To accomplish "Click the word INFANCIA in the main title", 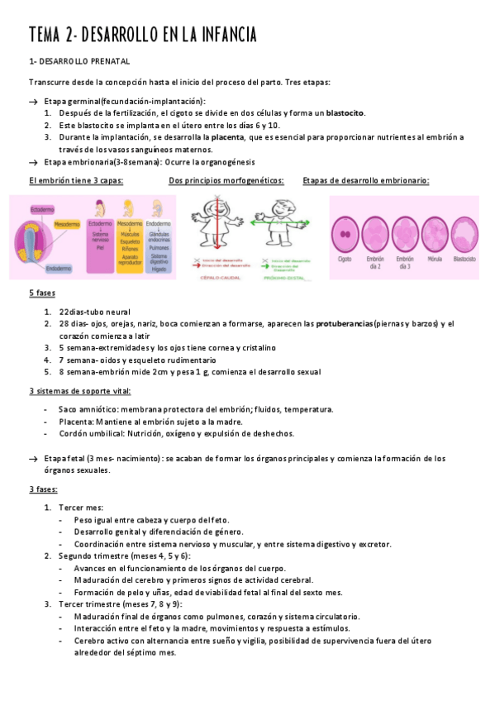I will pos(221,36).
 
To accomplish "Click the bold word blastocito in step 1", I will pos(345,113).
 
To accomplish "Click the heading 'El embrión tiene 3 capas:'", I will pos(76,180).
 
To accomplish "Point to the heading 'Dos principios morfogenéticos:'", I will pos(226,180).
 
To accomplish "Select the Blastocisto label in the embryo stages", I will pos(464,259).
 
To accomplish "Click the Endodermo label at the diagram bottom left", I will pos(58,269).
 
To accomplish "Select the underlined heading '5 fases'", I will pos(42,293).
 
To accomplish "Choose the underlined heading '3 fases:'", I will pos(43,489).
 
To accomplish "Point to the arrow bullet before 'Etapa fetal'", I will pos(32,458).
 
